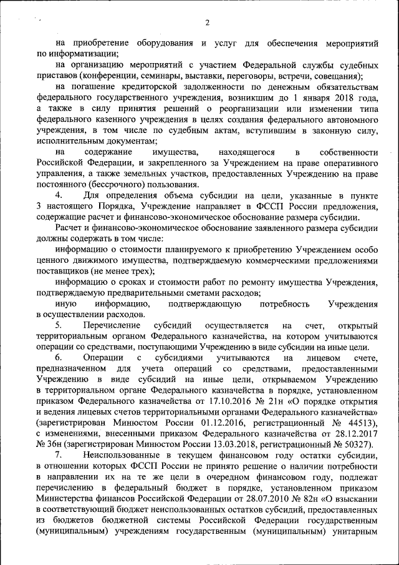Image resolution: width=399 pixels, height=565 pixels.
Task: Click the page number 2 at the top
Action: pyautogui.click(x=207, y=24)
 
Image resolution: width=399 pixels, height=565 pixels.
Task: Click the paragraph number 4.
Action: pyautogui.click(x=58, y=195)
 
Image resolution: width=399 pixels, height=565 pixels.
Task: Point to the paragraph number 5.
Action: pyautogui.click(x=58, y=325)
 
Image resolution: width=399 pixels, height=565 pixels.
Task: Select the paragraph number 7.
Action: pyautogui.click(x=58, y=455)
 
